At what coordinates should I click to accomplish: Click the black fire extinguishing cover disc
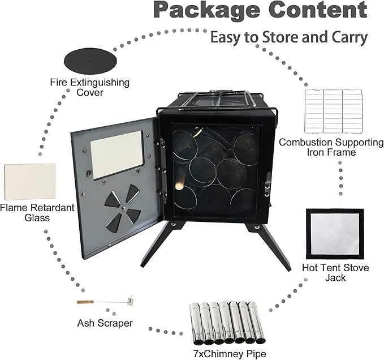coord(91,59)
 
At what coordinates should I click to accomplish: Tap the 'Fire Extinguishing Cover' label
coord(90,87)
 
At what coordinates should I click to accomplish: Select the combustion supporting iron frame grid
coord(333,112)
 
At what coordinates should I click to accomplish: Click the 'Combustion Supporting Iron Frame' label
coord(331,147)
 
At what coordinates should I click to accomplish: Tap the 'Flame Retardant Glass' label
coord(37,213)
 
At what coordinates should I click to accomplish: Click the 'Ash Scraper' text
coord(105,323)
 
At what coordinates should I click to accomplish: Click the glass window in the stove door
coord(117,154)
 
